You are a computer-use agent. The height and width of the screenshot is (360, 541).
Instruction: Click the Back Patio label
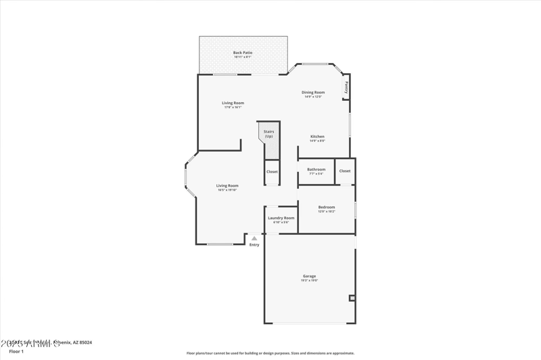pyautogui.click(x=243, y=52)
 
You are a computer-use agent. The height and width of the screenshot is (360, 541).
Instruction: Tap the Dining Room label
pyautogui.click(x=313, y=92)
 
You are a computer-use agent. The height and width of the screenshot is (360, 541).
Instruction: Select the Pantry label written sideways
pyautogui.click(x=346, y=87)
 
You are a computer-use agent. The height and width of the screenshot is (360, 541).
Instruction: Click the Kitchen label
pyautogui.click(x=317, y=136)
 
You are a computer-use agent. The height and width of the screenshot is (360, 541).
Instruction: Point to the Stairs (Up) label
pyautogui.click(x=268, y=134)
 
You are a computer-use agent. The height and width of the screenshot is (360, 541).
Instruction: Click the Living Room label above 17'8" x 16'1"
pyautogui.click(x=233, y=103)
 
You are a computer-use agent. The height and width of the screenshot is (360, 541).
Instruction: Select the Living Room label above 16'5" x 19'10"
pyautogui.click(x=227, y=185)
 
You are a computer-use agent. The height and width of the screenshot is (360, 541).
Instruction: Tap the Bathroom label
pyautogui.click(x=316, y=169)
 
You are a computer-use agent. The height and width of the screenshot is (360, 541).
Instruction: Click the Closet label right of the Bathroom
pyautogui.click(x=345, y=171)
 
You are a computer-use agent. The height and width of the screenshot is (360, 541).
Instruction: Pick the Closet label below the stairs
pyautogui.click(x=272, y=172)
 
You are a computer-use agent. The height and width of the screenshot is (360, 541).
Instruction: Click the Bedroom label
pyautogui.click(x=327, y=207)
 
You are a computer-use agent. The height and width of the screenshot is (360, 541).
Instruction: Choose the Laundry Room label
pyautogui.click(x=281, y=218)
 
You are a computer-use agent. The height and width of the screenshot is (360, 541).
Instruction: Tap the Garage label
pyautogui.click(x=310, y=275)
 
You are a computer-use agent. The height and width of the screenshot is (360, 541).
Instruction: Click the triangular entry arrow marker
pyautogui.click(x=254, y=238)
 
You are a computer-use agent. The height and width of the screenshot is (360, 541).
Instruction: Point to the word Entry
pyautogui.click(x=254, y=245)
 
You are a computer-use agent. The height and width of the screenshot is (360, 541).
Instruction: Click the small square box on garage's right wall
pyautogui.click(x=352, y=298)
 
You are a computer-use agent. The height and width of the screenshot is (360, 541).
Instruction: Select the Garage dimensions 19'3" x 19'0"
pyautogui.click(x=310, y=280)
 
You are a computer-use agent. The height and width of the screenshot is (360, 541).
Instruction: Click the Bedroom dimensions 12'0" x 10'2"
pyautogui.click(x=327, y=212)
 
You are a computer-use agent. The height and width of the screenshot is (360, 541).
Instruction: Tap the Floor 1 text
pyautogui.click(x=16, y=351)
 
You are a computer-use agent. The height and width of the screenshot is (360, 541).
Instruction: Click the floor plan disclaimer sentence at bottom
pyautogui.click(x=270, y=353)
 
